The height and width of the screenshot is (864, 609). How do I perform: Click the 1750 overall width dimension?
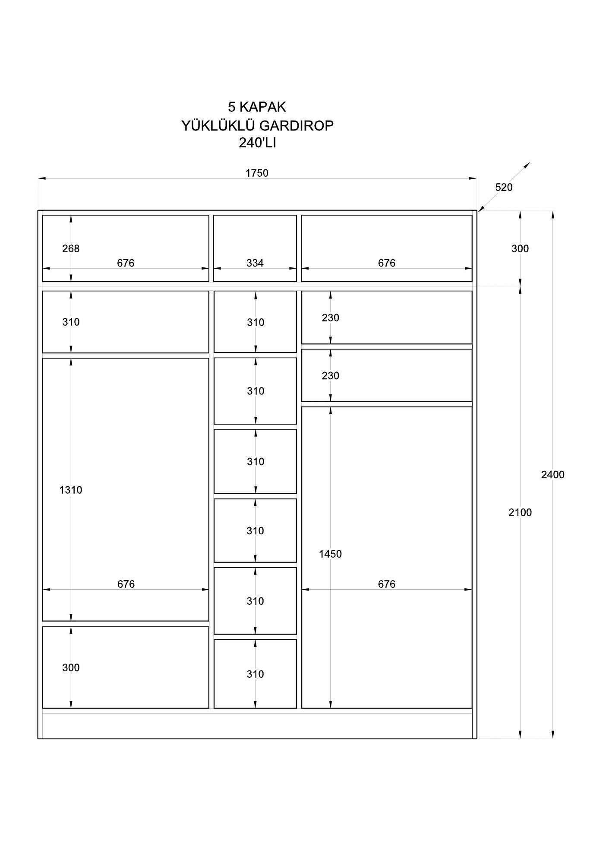(257, 173)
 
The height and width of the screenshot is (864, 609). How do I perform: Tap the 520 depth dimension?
(504, 187)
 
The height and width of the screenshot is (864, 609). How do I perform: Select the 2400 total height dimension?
(552, 475)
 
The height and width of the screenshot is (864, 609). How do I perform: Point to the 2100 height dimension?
(520, 513)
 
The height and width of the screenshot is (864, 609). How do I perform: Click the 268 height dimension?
(71, 249)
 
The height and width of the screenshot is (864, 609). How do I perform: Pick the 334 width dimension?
(255, 263)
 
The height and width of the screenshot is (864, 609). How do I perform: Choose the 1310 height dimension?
(71, 490)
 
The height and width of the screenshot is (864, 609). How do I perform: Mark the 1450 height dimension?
(330, 554)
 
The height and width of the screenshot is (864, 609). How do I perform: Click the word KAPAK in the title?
(263, 107)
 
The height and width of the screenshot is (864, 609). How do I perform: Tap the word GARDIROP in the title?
(296, 126)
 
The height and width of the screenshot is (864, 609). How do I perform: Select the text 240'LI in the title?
(257, 143)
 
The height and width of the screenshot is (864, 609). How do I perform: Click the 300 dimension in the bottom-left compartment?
(71, 667)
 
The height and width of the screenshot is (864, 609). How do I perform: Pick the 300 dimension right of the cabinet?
(520, 249)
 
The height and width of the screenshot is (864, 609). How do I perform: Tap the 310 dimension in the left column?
(71, 322)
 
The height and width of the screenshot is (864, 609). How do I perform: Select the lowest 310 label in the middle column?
(255, 674)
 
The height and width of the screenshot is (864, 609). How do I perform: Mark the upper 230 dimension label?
(330, 318)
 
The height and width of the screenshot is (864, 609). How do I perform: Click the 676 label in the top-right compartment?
(386, 263)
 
